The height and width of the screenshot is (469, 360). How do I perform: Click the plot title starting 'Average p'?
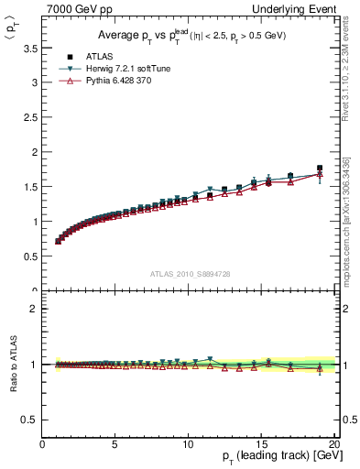point(190,36)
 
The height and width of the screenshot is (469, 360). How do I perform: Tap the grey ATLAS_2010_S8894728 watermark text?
point(189,274)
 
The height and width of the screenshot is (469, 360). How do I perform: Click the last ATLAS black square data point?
point(320,168)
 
